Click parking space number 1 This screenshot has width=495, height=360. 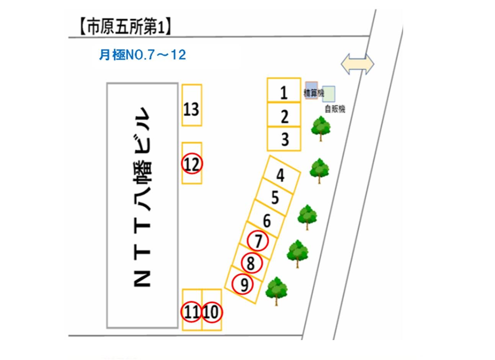tap(284, 91)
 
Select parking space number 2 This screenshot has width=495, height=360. tap(284, 115)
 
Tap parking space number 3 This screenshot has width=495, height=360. tap(284, 139)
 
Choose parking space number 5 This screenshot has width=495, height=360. tap(274, 198)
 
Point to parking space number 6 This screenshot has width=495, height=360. tap(267, 221)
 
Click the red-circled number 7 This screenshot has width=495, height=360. tap(258, 241)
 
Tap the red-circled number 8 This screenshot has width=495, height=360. tap(251, 263)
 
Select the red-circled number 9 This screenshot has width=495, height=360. tap(243, 284)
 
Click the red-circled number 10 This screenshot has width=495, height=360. tap(211, 312)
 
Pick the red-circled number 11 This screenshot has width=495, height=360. tap(192, 312)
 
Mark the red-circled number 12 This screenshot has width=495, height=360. tap(192, 164)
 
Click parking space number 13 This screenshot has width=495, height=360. tap(191, 109)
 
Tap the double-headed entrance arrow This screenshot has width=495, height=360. tap(357, 64)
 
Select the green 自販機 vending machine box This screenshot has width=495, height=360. tap(329, 94)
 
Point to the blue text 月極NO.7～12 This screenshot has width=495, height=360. tap(142, 55)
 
